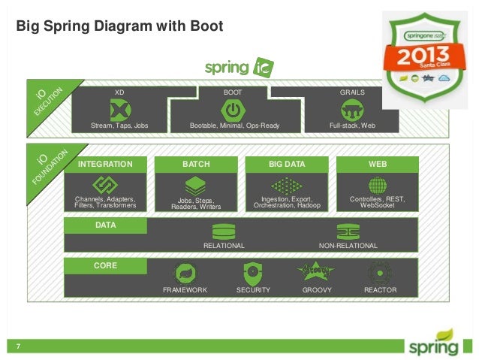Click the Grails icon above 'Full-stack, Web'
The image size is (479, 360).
tap(352, 110)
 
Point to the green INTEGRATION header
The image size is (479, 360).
tap(105, 164)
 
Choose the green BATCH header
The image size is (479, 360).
tap(196, 164)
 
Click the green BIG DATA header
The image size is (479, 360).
tap(287, 164)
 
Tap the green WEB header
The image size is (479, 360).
tap(377, 164)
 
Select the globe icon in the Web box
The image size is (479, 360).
tap(377, 186)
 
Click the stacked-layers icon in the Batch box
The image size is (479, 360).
tap(196, 186)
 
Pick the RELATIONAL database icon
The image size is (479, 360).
tap(224, 231)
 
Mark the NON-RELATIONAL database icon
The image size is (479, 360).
tap(348, 231)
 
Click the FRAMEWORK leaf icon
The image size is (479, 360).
tap(185, 274)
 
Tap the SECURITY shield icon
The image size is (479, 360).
tap(252, 274)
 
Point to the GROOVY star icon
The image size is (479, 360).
tap(317, 272)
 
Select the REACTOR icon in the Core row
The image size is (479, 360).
tap(380, 274)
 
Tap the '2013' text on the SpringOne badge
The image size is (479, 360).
tap(425, 57)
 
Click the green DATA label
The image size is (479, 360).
tap(105, 225)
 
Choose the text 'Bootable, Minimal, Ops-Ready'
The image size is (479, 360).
tap(234, 126)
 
